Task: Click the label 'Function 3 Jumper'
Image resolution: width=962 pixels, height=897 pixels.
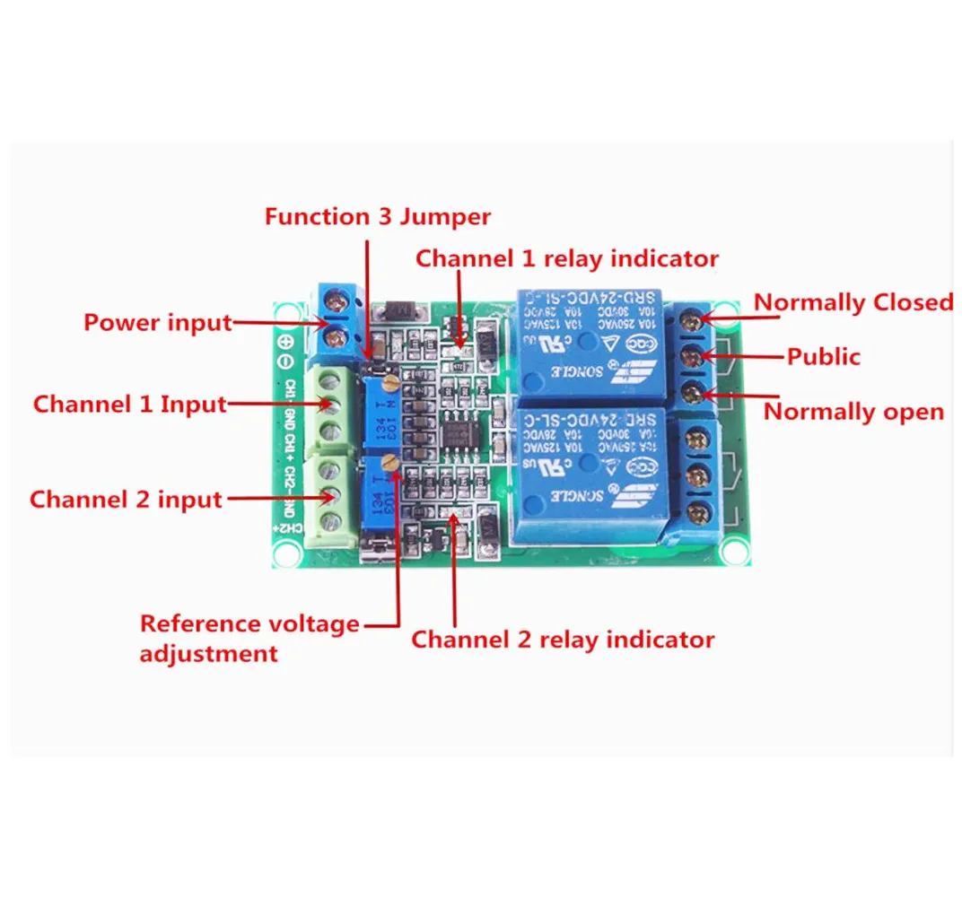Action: click(x=378, y=217)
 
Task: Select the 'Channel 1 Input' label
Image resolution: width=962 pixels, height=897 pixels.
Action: click(x=129, y=404)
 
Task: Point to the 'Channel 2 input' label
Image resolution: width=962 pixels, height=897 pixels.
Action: click(x=126, y=499)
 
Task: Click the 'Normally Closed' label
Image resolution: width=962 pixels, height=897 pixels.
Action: click(x=853, y=302)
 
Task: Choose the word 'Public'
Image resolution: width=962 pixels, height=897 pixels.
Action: click(x=823, y=356)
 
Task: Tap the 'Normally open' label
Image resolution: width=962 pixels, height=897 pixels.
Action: click(x=853, y=412)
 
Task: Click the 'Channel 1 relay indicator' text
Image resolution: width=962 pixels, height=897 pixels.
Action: click(x=566, y=258)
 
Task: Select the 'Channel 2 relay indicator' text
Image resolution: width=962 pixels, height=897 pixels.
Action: click(x=563, y=640)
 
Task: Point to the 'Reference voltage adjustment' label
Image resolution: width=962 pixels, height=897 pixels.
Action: click(x=249, y=637)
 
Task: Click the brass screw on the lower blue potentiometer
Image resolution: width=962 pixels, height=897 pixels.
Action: click(x=389, y=463)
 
